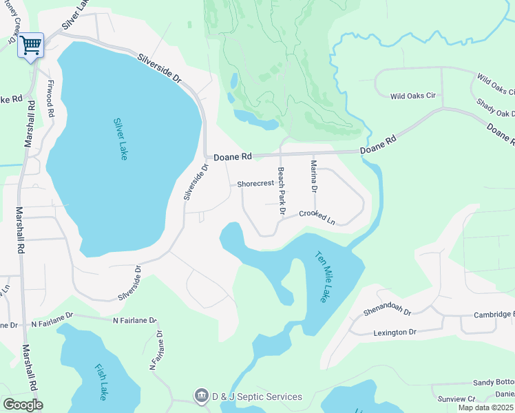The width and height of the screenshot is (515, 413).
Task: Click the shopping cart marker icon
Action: click(x=30, y=45)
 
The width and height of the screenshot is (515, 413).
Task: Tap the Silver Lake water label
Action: click(x=120, y=139)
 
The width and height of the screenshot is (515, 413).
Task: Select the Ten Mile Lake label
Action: click(x=322, y=276)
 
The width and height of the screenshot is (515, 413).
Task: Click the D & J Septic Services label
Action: click(x=256, y=396)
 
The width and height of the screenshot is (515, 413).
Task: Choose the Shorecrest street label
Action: click(x=255, y=184)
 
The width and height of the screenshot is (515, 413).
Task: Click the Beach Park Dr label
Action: click(x=281, y=191)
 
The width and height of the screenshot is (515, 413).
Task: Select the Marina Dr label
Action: click(x=314, y=176)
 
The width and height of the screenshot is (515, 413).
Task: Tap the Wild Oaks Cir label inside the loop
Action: click(x=413, y=96)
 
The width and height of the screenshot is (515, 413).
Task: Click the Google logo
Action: click(x=23, y=405)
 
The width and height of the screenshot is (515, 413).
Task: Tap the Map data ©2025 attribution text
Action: click(x=486, y=407)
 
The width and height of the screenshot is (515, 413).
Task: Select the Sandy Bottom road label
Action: click(x=493, y=382)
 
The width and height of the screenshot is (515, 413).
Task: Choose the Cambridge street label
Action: click(x=494, y=315)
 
